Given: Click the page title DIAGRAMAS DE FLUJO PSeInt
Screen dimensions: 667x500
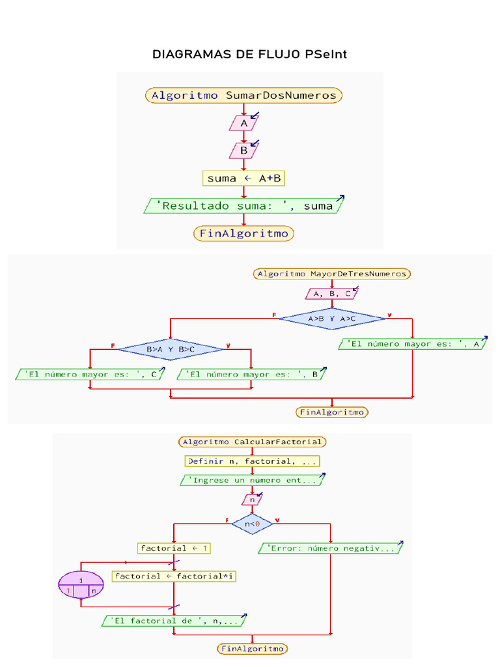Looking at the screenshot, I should (249, 54).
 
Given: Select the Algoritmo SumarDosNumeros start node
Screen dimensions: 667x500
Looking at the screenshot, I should (243, 96).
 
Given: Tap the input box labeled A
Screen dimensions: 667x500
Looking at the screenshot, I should (244, 123).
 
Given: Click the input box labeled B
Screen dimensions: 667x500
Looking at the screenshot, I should (244, 150).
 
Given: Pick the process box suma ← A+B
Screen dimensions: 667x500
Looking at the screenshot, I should (243, 178).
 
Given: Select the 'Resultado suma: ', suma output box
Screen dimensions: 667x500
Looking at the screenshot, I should (243, 206).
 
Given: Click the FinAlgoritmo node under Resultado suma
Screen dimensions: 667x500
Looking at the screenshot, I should (243, 233).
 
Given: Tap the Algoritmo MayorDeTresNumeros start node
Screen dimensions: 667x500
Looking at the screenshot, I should (332, 274).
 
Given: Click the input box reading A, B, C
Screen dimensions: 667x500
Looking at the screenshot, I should (332, 294).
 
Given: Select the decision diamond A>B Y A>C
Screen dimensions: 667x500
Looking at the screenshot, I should (332, 319).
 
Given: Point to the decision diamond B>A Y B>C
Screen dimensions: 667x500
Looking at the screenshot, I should (170, 349).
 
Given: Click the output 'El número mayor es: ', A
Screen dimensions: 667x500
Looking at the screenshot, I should (413, 344).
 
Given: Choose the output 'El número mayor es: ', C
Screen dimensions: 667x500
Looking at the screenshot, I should (89, 375).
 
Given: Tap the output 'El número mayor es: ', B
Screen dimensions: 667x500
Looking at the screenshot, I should (251, 375).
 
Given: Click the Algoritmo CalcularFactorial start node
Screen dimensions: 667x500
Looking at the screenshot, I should (252, 442).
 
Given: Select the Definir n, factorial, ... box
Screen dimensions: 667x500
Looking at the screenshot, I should (252, 461).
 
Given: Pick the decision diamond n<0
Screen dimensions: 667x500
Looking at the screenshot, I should (252, 523).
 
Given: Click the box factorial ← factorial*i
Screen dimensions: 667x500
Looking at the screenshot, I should (173, 576).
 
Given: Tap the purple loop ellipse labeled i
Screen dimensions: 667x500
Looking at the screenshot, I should (81, 584).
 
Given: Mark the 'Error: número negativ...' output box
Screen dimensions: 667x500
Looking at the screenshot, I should (331, 548).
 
